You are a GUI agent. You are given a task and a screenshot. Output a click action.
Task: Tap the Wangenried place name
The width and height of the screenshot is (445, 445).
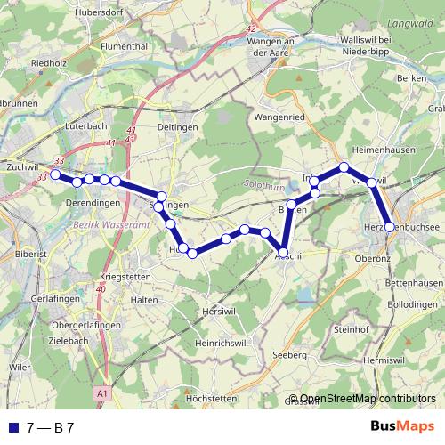[280, 116]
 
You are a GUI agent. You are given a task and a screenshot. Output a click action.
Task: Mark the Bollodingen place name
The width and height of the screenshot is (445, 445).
[414, 304]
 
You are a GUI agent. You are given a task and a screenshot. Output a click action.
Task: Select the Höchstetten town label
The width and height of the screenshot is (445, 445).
[213, 398]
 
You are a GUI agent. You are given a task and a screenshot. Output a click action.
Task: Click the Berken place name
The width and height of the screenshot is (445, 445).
[412, 79]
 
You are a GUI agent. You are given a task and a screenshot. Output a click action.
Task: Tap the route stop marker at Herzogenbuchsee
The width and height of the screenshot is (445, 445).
[389, 227]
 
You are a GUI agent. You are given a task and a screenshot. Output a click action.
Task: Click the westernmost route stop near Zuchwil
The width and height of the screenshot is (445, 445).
[55, 174]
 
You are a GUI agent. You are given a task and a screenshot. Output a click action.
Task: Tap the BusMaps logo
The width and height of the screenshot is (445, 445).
[402, 427]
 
